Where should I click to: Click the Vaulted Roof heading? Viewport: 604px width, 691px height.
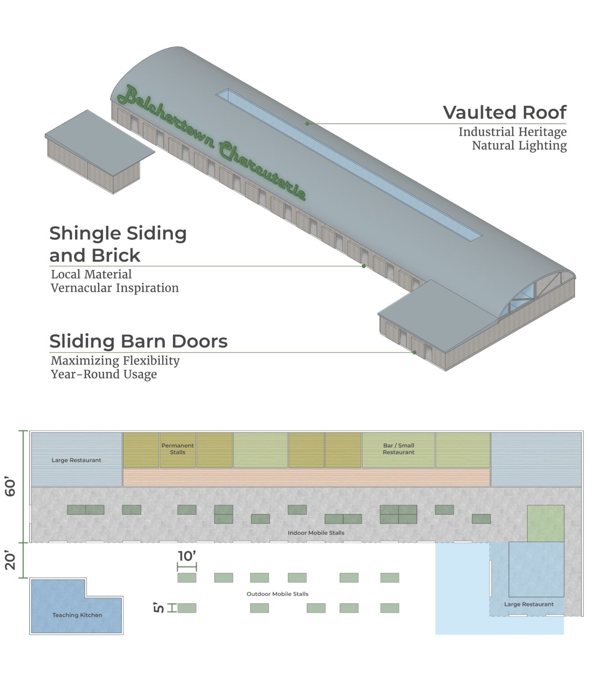pos(504,112)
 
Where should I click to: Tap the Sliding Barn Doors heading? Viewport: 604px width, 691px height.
pos(138,341)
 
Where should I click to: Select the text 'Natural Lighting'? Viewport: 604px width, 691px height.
pos(519,146)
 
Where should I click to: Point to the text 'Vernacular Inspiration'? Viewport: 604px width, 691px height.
pos(114,288)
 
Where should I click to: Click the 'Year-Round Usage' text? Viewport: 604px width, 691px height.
pos(104,374)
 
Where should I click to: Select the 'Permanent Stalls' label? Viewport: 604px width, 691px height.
pos(177,449)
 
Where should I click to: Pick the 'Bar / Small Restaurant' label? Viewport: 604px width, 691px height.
pos(399,449)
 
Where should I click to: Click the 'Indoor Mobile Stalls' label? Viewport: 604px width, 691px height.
pos(316,533)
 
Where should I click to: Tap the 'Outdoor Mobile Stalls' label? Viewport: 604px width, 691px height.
pos(277,594)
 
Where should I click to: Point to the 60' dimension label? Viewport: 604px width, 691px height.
pos(10,487)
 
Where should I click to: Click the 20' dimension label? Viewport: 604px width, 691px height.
pos(10,561)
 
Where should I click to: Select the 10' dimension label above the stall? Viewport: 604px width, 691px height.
pos(187,556)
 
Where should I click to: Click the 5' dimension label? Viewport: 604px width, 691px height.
pos(159,608)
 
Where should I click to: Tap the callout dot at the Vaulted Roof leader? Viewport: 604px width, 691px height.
pos(307,123)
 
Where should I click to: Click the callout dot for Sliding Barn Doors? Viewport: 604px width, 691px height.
pos(414,352)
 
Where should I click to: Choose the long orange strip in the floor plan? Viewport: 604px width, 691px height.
pos(306,477)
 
